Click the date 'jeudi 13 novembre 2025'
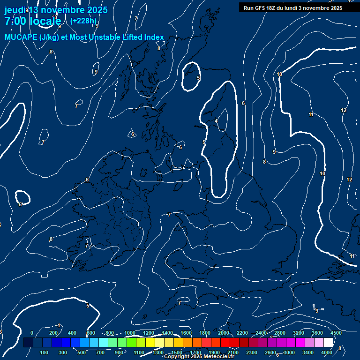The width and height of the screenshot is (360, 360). [x=56, y=10]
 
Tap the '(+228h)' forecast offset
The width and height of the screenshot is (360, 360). [x=83, y=21]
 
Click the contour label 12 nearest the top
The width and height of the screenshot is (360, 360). [x=344, y=111]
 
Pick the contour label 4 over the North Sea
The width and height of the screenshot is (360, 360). [x=216, y=121]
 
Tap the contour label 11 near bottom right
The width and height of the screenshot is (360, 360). [x=352, y=256]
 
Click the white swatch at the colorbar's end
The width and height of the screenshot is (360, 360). [x=341, y=343]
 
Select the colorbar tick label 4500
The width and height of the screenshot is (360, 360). [x=336, y=333]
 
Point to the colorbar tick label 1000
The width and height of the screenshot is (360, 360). [x=129, y=333]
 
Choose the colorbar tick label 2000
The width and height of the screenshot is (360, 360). [x=224, y=333]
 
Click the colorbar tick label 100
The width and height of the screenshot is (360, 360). [x=44, y=352]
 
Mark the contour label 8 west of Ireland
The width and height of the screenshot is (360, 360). [x=51, y=240]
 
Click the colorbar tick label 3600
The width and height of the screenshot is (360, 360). [x=317, y=333]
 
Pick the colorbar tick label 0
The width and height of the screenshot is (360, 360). [x=32, y=333]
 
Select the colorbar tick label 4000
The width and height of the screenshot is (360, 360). [x=327, y=352]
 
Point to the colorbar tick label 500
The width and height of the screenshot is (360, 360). [x=82, y=352]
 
